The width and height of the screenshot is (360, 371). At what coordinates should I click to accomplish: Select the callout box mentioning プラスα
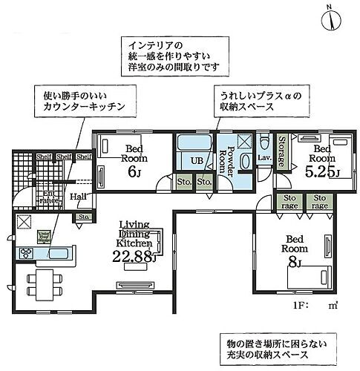coord(258,102)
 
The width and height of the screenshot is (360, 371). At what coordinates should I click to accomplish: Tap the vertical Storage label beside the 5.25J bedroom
coord(283,153)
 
